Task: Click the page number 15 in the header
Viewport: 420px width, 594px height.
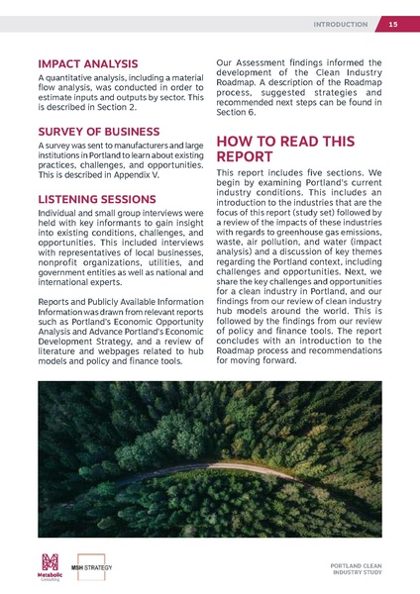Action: pyautogui.click(x=393, y=24)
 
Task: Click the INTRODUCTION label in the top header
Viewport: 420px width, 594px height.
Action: pyautogui.click(x=340, y=24)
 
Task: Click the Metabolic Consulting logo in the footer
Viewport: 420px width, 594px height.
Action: pyautogui.click(x=50, y=566)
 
